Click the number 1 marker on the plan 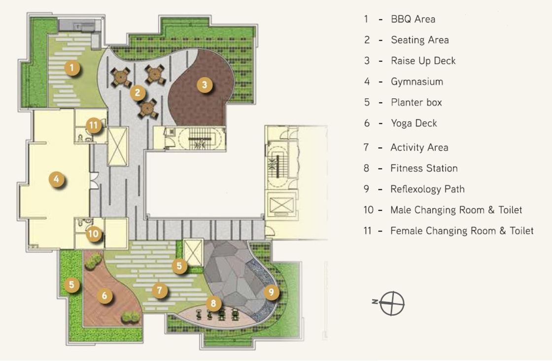click(72, 67)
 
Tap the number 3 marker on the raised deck click(205, 84)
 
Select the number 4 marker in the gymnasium click(56, 179)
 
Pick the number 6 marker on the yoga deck click(104, 295)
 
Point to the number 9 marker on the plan click(271, 292)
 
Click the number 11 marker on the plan click(93, 125)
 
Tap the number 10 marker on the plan click(93, 234)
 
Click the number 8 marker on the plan click(213, 303)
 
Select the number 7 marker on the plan click(160, 290)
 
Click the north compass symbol click(390, 303)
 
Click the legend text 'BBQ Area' click(413, 19)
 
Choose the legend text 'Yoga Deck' click(414, 123)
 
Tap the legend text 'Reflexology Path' click(427, 189)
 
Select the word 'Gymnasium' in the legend click(417, 81)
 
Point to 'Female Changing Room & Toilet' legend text click(462, 231)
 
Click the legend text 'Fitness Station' click(424, 168)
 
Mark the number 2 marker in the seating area click(138, 93)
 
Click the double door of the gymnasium click(94, 180)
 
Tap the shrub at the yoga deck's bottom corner click(130, 317)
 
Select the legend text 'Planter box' click(416, 102)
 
